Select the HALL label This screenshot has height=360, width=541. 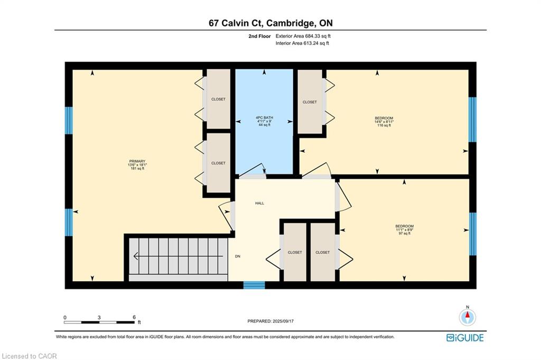pos(260,204)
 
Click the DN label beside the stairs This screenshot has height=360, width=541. pos(238,256)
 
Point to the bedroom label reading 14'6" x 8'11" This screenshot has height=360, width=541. pos(384,122)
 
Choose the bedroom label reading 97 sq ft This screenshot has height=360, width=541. pos(404,234)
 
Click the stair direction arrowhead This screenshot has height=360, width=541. pos(136,256)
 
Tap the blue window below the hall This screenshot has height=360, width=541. pos(254,285)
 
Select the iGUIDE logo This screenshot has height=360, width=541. pos(465,338)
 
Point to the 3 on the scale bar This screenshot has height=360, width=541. pos(99,318)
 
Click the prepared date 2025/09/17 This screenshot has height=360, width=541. pos(283,321)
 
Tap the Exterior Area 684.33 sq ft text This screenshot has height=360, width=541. pos(303,36)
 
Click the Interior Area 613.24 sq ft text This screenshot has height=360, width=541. pos(302,43)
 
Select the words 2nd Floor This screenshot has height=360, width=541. pos(259,36)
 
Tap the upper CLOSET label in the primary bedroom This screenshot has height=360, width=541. pos(218,99)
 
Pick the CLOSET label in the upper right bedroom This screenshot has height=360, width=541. pos(310,102)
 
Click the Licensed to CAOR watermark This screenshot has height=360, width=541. pos(30,356)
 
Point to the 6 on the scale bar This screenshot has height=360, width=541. pos(134,318)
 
